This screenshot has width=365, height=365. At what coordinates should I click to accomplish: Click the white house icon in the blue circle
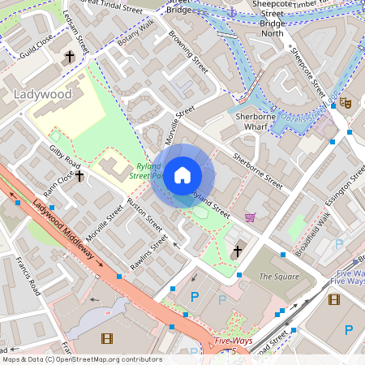pyautogui.click(x=182, y=175)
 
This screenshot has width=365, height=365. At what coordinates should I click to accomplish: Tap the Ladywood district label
pyautogui.click(x=43, y=94)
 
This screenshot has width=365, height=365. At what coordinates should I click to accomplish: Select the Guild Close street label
pyautogui.click(x=37, y=41)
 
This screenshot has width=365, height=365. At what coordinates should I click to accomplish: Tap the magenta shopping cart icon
pyautogui.click(x=250, y=217)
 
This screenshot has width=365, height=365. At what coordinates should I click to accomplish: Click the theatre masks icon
pyautogui.click(x=345, y=103)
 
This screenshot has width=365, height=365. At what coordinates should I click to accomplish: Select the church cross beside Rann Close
pyautogui.click(x=79, y=176)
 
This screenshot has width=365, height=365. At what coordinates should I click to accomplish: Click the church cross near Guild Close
pyautogui.click(x=69, y=57)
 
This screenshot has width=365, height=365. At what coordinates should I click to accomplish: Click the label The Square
pyautogui.click(x=275, y=277)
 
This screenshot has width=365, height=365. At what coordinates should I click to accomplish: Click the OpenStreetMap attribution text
pyautogui.click(x=81, y=359)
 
